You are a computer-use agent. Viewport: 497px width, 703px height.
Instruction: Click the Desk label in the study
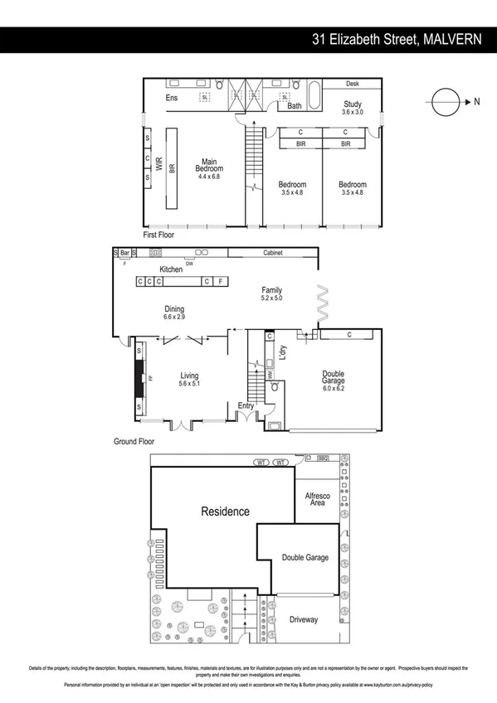coord(352,84)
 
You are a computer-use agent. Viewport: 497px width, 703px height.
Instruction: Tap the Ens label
coord(172,99)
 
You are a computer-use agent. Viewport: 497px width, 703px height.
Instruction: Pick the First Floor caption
coord(161,235)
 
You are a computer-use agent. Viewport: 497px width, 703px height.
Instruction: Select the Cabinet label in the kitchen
coord(274,252)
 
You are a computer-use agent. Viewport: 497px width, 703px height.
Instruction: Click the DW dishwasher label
coord(189,263)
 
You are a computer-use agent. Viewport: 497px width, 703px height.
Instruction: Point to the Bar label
coord(124,252)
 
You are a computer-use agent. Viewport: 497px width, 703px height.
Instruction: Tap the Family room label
coord(272,290)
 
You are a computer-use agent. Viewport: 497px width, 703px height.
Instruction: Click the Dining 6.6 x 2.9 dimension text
coord(174,318)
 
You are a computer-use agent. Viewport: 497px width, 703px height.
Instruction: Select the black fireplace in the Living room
coord(139,378)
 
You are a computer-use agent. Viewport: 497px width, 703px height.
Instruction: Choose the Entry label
coord(246,405)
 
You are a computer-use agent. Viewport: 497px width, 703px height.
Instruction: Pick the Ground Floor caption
coord(134,442)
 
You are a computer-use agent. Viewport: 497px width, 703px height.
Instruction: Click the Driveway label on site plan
coord(304,619)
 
